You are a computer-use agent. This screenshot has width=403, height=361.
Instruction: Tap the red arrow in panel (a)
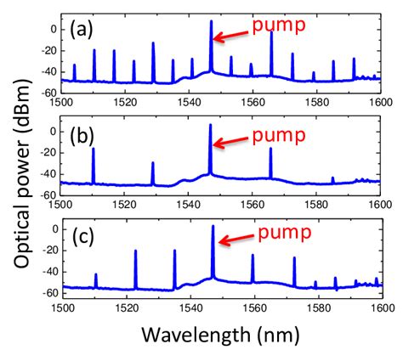tap(232, 34)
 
